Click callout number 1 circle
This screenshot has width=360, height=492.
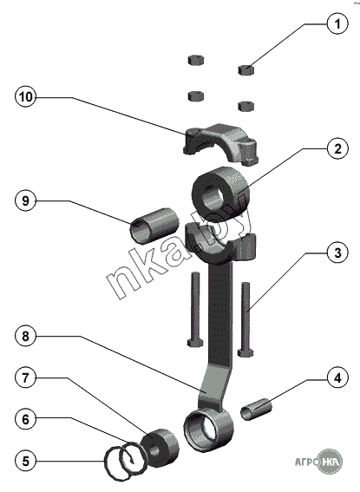[x=337, y=23]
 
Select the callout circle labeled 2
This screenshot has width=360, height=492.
[x=337, y=148]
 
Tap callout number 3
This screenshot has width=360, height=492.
[x=337, y=253]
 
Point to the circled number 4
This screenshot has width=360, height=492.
[x=337, y=378]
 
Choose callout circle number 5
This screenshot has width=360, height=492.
[x=26, y=461]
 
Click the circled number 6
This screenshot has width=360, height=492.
[x=26, y=419]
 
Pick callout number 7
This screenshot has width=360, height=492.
[x=26, y=377]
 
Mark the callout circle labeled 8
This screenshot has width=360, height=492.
[x=26, y=336]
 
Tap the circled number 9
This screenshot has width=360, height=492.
[x=26, y=200]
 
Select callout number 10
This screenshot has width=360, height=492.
[x=26, y=96]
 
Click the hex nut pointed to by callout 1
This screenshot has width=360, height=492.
[x=246, y=69]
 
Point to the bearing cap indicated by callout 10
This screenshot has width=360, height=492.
[x=220, y=143]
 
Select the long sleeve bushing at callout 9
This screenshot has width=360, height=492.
[x=154, y=226]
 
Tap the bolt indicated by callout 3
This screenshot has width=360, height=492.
[x=245, y=319]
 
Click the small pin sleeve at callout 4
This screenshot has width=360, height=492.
[x=256, y=409]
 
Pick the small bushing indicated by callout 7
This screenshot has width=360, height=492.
[x=160, y=447]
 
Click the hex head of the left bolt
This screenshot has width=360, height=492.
[x=194, y=343]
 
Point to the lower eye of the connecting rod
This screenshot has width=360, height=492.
[x=209, y=430]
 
